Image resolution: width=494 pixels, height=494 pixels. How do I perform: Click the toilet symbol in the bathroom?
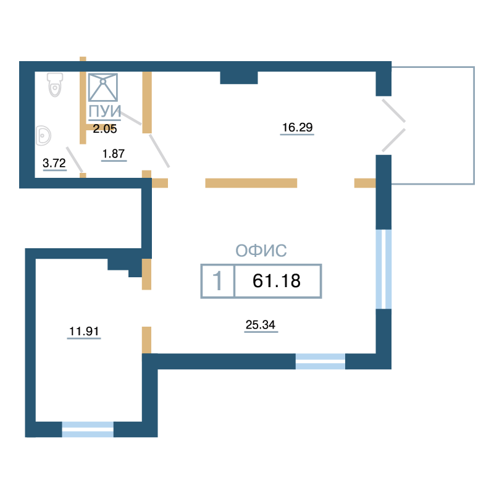pos(55,85)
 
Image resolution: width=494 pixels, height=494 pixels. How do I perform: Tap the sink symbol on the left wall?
pos(43,135)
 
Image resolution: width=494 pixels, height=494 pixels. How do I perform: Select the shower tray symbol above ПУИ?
pos(103,87)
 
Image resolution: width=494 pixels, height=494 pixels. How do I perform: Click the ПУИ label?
pos(104,111)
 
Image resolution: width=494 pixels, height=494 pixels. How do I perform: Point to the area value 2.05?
pos(105,129)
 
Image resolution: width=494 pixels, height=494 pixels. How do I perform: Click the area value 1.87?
pos(114,154)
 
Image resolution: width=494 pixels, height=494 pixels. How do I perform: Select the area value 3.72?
pos(54,163)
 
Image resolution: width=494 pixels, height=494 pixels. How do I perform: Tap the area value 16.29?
pos(298,128)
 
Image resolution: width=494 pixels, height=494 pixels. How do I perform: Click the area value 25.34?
pos(261,325)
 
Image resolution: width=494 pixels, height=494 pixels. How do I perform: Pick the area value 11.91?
pos(84,332)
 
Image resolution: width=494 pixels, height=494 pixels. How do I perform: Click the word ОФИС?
pos(261,251)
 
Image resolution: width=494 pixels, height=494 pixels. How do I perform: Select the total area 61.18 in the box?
pos(277,281)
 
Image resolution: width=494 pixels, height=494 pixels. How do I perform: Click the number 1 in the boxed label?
pos(217,281)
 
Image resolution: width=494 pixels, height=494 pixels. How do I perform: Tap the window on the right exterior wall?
pos(383,269)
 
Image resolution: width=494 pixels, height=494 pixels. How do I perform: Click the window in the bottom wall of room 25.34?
pos(320,361)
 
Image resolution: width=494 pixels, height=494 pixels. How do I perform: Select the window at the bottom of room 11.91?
pos(88,429)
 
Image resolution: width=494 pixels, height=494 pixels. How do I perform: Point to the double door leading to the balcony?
pos(393,125)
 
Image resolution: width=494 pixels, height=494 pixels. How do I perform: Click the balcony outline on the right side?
pos(474,125)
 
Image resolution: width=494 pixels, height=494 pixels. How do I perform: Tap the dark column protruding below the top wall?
pos(239,78)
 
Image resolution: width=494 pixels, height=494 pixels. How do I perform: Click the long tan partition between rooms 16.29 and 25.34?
pos(251,183)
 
